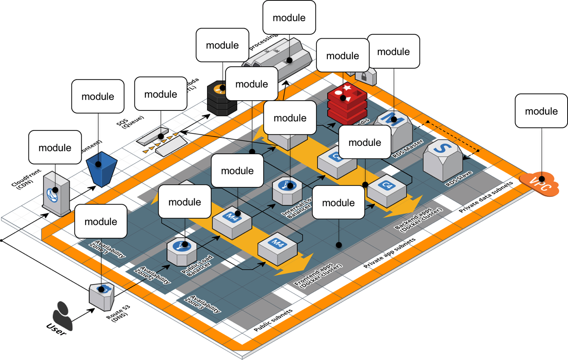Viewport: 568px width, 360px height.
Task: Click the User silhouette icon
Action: tap(63, 316)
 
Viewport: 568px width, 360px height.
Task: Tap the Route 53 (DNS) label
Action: tap(118, 313)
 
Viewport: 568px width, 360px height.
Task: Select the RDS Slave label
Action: tap(459, 179)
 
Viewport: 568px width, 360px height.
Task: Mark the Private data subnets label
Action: tap(486, 197)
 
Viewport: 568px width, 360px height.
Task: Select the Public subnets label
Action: tap(273, 320)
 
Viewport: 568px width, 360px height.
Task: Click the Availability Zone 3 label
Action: tap(203, 304)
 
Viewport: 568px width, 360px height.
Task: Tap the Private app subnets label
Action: tap(389, 253)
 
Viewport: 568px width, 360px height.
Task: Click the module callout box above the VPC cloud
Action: tap(541, 111)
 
